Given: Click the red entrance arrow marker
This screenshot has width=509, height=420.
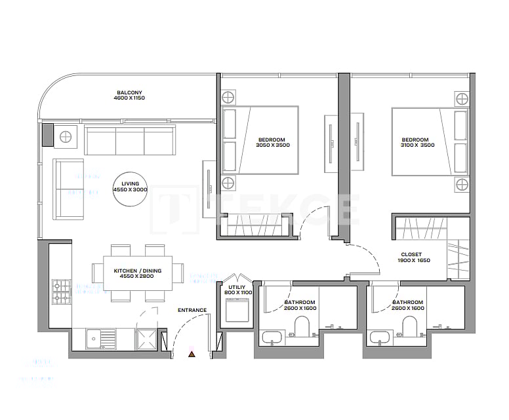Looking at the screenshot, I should coord(192,354).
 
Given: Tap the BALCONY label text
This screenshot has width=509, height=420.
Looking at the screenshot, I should coord(129,93).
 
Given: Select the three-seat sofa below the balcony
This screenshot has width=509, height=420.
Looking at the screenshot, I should coord(130,140).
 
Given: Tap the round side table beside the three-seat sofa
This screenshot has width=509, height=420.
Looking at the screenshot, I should coord(66,137).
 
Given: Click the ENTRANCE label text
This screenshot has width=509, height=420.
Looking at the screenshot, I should coord(192,310).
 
